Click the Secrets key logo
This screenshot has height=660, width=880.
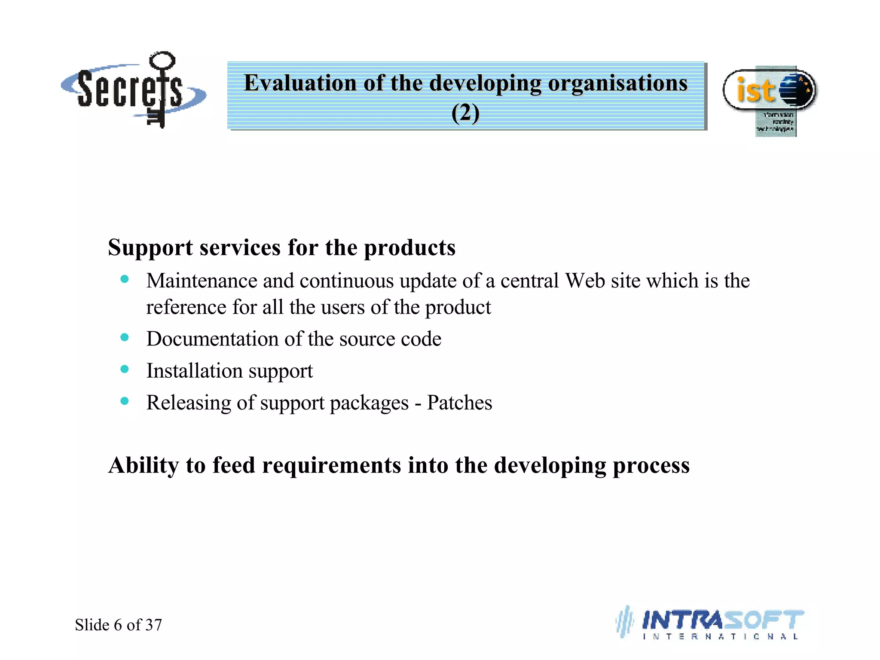tap(133, 90)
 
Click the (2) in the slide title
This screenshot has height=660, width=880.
tap(465, 113)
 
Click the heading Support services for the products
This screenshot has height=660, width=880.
tap(281, 247)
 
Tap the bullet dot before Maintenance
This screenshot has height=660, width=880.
tap(125, 279)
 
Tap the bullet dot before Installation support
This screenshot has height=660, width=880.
tap(125, 369)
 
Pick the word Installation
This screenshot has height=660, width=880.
tap(194, 371)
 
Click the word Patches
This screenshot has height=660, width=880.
tap(459, 403)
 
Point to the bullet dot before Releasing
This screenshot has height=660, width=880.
tap(125, 401)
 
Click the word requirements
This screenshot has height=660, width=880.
tap(331, 465)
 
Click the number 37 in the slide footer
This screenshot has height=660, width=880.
tap(153, 625)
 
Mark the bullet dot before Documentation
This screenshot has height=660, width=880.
tap(125, 337)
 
